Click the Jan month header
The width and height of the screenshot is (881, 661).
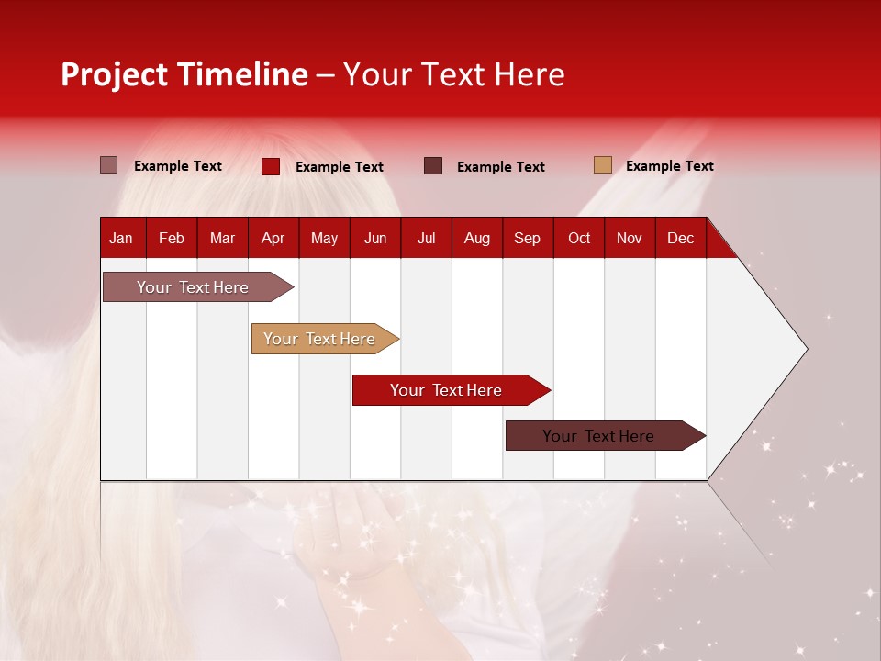[121, 239]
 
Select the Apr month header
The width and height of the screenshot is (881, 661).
[273, 239]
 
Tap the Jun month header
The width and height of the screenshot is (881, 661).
[375, 239]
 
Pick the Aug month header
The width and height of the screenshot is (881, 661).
[477, 239]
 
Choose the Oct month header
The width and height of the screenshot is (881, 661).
[579, 239]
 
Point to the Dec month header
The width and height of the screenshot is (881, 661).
[680, 239]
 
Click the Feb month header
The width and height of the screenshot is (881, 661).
[172, 239]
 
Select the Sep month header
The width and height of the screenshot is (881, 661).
[527, 239]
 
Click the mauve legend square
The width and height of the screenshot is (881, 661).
[109, 165]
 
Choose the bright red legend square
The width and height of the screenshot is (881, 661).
[271, 166]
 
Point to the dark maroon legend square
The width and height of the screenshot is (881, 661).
[433, 166]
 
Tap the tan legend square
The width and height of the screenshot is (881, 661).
[602, 165]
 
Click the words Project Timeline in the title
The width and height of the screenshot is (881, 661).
[184, 74]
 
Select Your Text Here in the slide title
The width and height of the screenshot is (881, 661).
[453, 74]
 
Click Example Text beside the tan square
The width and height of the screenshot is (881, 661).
[669, 166]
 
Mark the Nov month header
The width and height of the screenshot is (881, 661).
[630, 239]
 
